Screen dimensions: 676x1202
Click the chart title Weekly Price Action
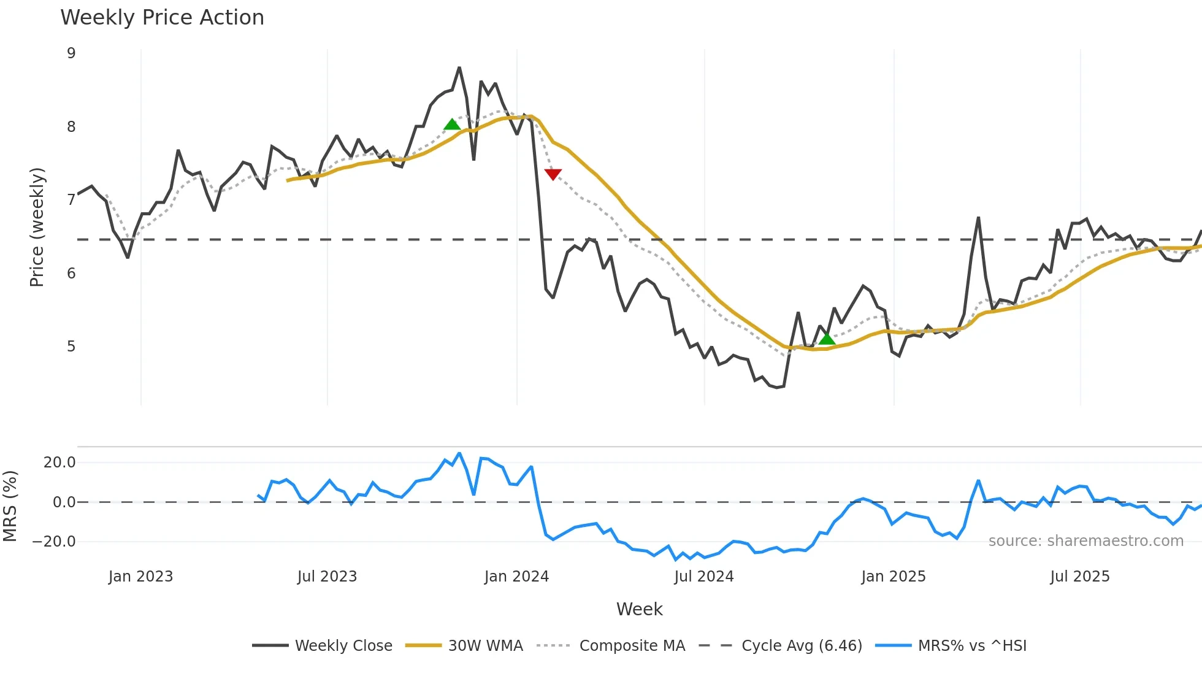point(162,18)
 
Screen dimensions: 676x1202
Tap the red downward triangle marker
point(553,175)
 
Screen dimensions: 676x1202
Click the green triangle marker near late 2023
point(452,125)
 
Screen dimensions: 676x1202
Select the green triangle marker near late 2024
point(827,339)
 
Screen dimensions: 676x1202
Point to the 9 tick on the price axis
point(72,53)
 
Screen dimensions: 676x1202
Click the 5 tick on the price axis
point(72,347)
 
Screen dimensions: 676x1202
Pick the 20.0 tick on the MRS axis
point(59,463)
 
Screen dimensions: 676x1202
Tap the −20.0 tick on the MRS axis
point(55,542)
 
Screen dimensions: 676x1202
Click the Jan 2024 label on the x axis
point(516,577)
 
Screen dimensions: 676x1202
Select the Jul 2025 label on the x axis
point(1079,577)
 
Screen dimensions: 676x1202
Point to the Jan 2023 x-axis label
point(140,577)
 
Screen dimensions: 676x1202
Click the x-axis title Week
point(639,609)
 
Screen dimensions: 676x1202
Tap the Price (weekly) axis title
point(37,227)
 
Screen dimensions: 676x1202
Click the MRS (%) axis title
point(10,506)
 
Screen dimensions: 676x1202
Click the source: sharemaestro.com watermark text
point(1085,541)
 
